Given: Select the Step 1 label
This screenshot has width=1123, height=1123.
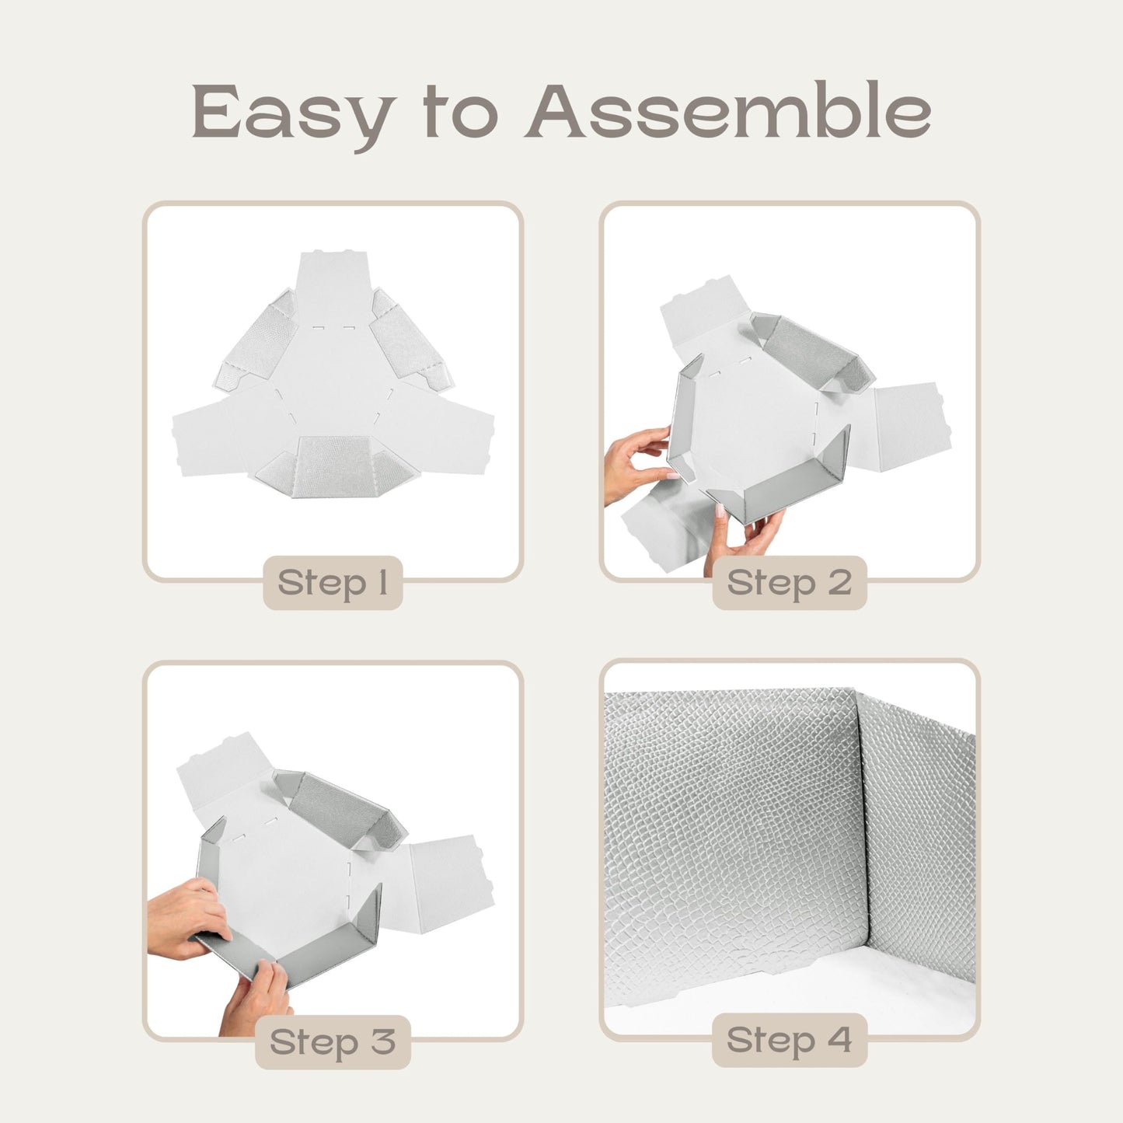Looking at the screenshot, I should tap(333, 583).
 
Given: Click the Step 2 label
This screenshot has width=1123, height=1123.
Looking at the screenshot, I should tap(789, 583).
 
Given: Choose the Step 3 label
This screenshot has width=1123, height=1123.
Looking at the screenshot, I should tap(333, 1042).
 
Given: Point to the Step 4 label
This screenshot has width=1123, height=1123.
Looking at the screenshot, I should tap(789, 1040).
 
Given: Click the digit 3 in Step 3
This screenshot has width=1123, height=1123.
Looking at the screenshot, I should tap(383, 1042).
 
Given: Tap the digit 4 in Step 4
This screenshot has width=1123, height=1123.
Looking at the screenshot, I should tap(839, 1040).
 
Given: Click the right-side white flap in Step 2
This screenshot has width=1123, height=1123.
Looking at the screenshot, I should tap(909, 424).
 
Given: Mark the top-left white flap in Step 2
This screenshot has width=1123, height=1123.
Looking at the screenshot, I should tap(703, 311).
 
